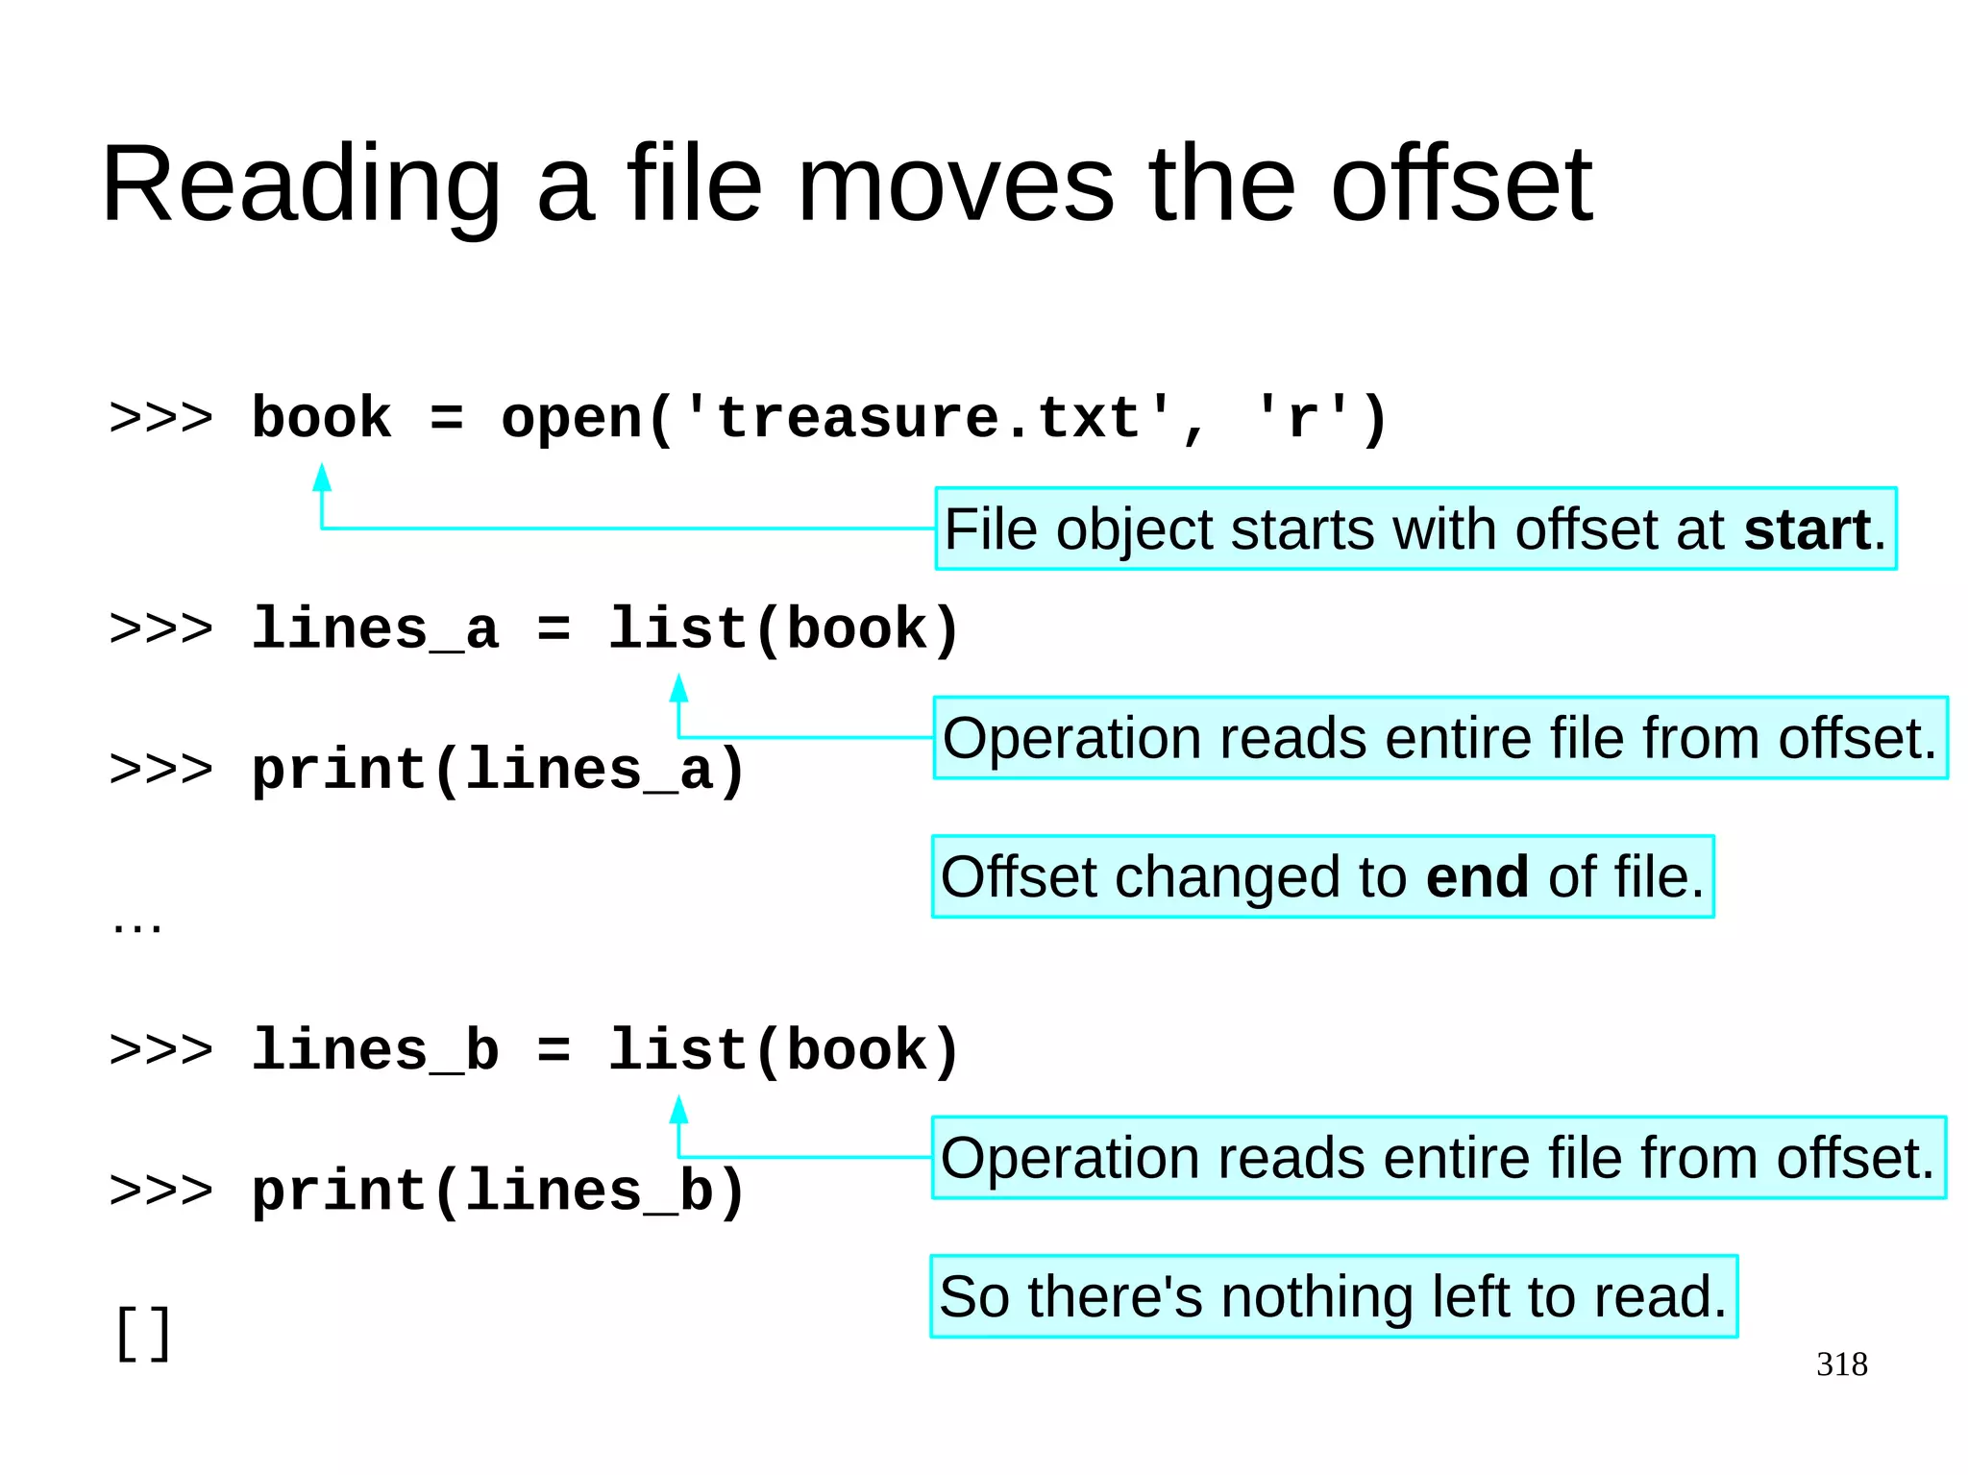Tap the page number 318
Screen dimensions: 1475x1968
pyautogui.click(x=1841, y=1364)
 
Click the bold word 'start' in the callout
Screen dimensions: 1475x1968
pyautogui.click(x=1807, y=529)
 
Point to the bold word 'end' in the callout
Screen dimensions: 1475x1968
pyautogui.click(x=1477, y=877)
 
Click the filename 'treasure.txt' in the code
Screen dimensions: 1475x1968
pyautogui.click(x=928, y=418)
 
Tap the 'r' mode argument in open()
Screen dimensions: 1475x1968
pyautogui.click(x=1301, y=420)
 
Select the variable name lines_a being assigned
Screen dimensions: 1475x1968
pyautogui.click(x=375, y=629)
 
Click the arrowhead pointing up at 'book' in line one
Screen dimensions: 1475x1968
pyautogui.click(x=322, y=478)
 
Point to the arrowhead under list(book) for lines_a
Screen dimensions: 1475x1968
pyautogui.click(x=678, y=687)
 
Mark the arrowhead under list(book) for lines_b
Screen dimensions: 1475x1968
pyautogui.click(x=678, y=1109)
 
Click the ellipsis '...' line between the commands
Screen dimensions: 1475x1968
pyautogui.click(x=136, y=925)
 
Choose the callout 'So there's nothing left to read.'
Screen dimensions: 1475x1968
pyautogui.click(x=1334, y=1296)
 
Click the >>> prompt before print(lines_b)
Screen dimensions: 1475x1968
pyautogui.click(x=160, y=1191)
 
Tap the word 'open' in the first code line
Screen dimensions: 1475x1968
pyautogui.click(x=571, y=420)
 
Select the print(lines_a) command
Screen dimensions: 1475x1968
pyautogui.click(x=498, y=771)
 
